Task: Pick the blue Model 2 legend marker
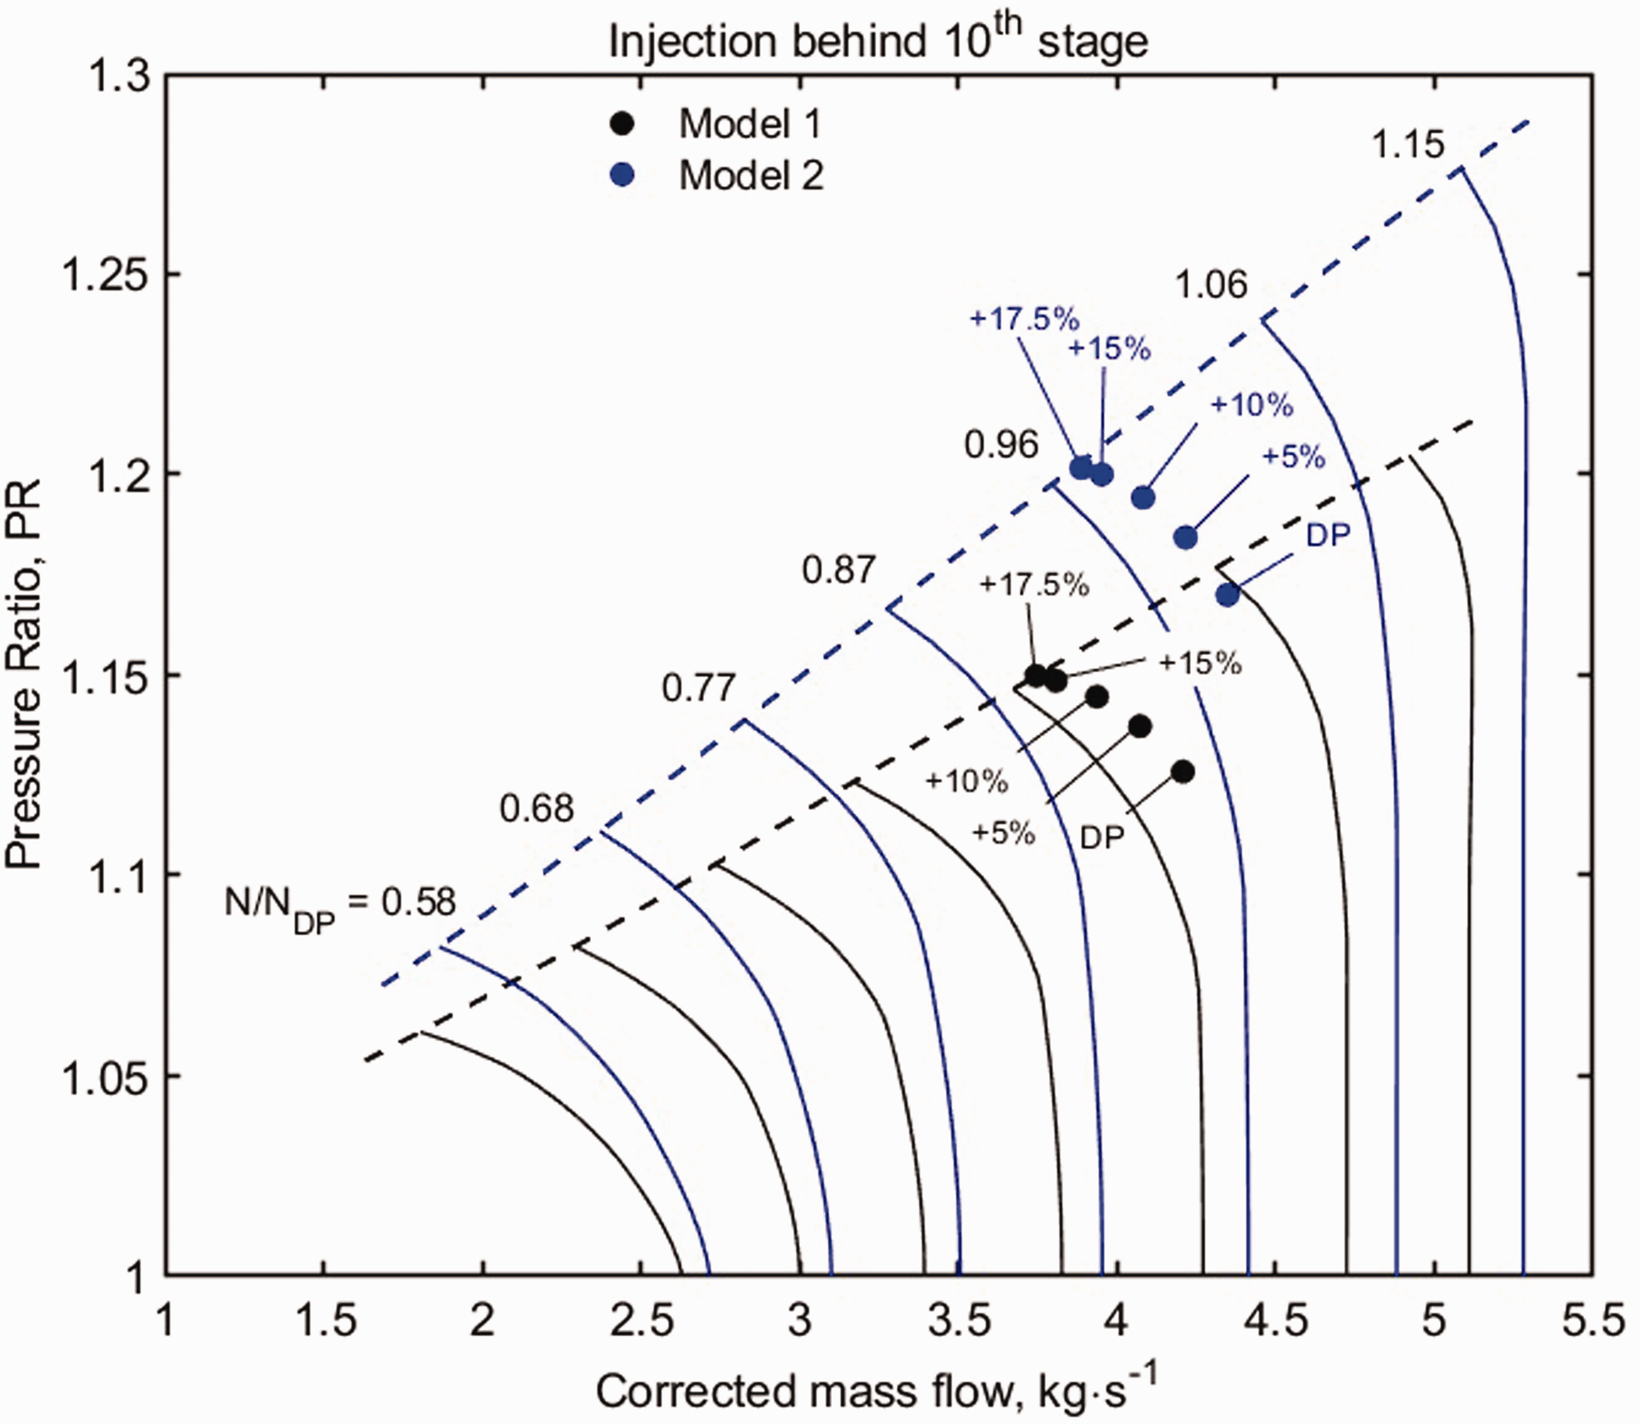[x=624, y=175]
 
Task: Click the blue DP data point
[x=1227, y=594]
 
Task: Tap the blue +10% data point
[x=1142, y=497]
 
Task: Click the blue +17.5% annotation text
[x=1025, y=319]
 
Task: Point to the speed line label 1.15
[x=1408, y=144]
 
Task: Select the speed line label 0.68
[x=536, y=808]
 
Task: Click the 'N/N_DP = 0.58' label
[x=340, y=906]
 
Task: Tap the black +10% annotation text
[x=966, y=782]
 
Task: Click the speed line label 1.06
[x=1212, y=285]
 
